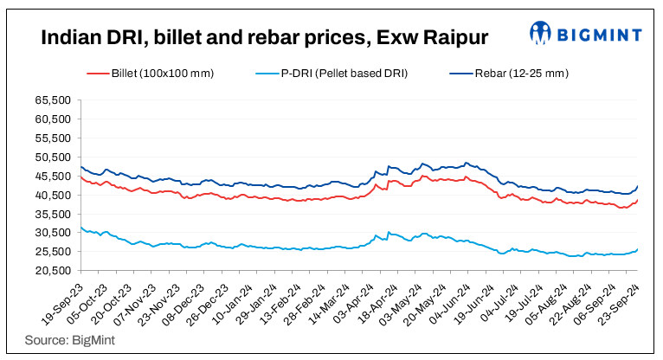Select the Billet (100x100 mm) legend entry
click(x=149, y=74)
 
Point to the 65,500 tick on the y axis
click(x=55, y=100)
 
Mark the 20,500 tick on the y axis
click(x=55, y=270)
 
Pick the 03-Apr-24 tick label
click(x=354, y=299)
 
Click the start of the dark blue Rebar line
click(x=80, y=167)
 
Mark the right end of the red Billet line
click(x=638, y=200)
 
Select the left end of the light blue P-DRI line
click(x=80, y=228)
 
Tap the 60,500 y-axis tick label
click(x=55, y=119)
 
